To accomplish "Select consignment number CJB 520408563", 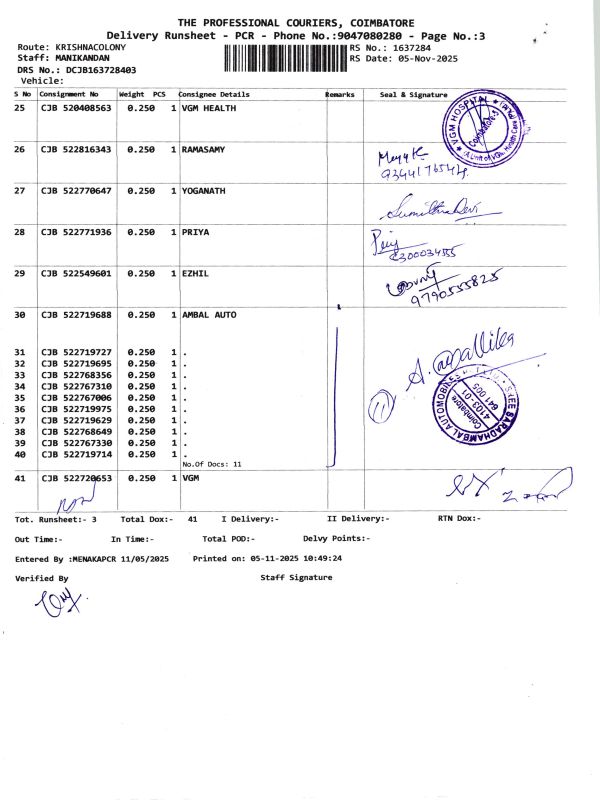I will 76,107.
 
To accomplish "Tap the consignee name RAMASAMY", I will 203,149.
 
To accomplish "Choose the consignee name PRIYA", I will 196,232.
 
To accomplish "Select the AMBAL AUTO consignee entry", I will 209,315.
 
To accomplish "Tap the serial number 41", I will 20,479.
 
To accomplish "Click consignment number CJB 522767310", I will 76,386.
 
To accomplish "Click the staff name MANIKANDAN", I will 84,58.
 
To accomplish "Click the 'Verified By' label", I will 42,578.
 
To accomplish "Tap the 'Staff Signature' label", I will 298,578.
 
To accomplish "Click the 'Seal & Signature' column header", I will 413,93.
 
